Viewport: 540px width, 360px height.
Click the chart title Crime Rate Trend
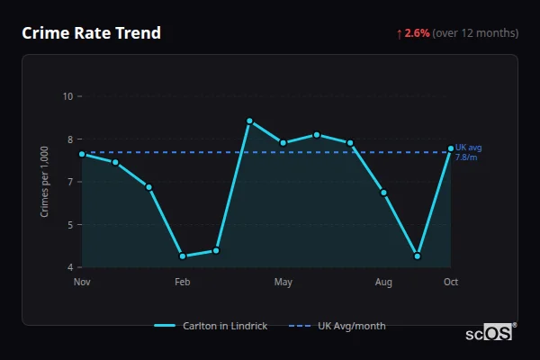tap(91, 33)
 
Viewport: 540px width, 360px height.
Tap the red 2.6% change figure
tap(417, 33)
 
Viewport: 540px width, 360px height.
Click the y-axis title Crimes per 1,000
tap(45, 182)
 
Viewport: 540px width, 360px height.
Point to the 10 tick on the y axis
tap(67, 96)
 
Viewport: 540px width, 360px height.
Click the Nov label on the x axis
tap(82, 283)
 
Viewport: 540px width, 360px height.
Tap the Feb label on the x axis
tap(183, 283)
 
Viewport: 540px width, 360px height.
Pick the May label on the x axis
tap(283, 283)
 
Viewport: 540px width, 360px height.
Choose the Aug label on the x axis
tap(384, 283)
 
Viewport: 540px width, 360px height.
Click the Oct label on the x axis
tap(451, 283)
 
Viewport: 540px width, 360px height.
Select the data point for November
tap(82, 154)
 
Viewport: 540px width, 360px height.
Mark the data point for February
tap(183, 256)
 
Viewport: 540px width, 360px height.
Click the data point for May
tap(283, 142)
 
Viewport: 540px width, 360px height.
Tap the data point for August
tap(384, 193)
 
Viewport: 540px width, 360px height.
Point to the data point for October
tap(451, 148)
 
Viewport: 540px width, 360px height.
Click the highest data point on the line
tap(249, 121)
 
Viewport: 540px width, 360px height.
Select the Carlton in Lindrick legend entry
tap(211, 326)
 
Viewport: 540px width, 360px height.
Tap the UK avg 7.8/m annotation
tap(469, 152)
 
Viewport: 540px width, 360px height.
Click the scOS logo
tap(490, 333)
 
